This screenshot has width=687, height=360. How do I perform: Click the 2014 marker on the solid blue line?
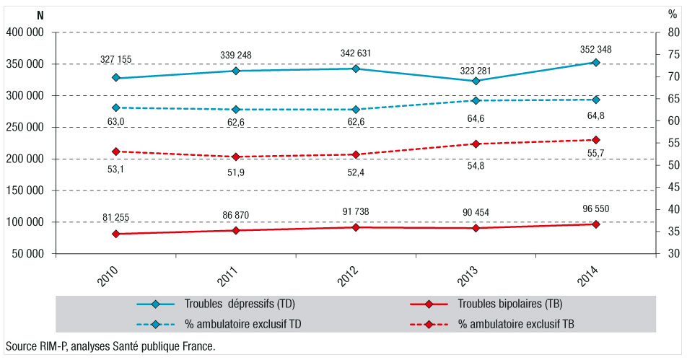595,63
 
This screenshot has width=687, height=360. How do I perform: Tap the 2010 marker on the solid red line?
115,234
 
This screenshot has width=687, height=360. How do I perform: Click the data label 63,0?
115,122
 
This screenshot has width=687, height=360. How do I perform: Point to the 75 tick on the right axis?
670,54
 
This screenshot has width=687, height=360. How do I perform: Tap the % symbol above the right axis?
673,15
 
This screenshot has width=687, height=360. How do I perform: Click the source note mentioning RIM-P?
110,346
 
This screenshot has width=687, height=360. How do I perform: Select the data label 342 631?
355,54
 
